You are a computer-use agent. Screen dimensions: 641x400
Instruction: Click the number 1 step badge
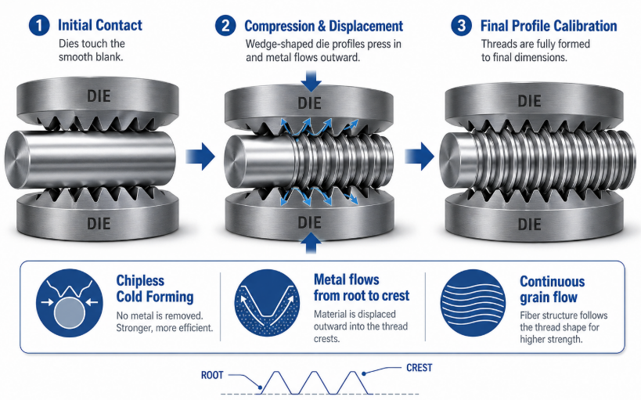point(39,25)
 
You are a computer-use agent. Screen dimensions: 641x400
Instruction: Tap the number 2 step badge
point(225,26)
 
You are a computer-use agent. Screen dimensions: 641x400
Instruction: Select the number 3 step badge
point(462,25)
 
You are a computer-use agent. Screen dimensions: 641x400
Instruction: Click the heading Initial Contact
point(100,25)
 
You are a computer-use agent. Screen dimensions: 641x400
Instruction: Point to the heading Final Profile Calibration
point(549,26)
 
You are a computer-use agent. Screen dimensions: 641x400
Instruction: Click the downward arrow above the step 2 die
point(311,81)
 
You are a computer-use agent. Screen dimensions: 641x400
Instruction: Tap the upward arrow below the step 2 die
point(311,243)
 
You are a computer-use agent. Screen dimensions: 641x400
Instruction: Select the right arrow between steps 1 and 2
point(200,156)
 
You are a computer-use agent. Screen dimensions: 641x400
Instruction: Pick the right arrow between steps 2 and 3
point(420,156)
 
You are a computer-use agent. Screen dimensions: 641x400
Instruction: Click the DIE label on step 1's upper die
point(99,96)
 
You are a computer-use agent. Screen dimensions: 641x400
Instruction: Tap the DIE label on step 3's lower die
point(529,224)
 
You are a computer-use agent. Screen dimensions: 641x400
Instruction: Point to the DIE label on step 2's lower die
point(309,222)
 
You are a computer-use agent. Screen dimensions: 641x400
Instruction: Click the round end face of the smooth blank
point(17,160)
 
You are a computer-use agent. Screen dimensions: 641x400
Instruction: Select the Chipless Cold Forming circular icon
point(70,303)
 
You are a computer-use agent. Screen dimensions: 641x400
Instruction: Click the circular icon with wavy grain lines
point(473,303)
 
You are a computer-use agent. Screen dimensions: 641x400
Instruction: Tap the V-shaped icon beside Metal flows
point(267,303)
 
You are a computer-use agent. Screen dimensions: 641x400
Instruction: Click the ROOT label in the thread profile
point(212,375)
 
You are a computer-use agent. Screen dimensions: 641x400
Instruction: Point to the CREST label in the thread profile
point(419,368)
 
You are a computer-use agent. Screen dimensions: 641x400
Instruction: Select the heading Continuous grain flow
point(553,289)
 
